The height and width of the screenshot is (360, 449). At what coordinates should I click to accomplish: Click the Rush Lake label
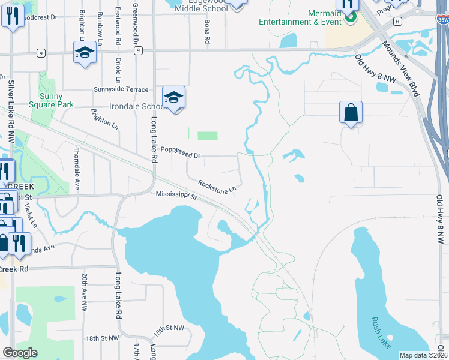pos(381,332)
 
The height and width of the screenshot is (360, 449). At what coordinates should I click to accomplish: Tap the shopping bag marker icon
pos(351,112)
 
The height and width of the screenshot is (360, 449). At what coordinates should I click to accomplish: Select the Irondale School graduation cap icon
pos(173,97)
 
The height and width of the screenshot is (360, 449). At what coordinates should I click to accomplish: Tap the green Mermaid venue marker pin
pos(349,19)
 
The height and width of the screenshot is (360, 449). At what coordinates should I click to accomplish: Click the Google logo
pos(20,352)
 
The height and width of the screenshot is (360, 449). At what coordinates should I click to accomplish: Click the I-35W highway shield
pos(442,19)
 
